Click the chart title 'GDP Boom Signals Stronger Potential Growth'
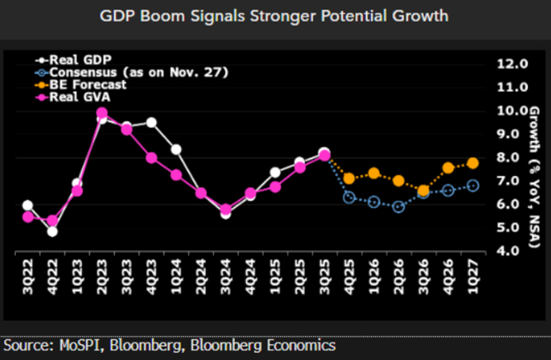(275, 16)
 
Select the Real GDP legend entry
(76, 60)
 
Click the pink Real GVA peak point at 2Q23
(102, 113)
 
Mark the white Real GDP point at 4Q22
(53, 231)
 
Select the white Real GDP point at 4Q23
(151, 123)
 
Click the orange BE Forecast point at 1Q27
(473, 162)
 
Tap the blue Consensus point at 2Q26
(399, 206)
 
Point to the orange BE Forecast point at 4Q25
(350, 178)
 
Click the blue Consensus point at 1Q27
(473, 186)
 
